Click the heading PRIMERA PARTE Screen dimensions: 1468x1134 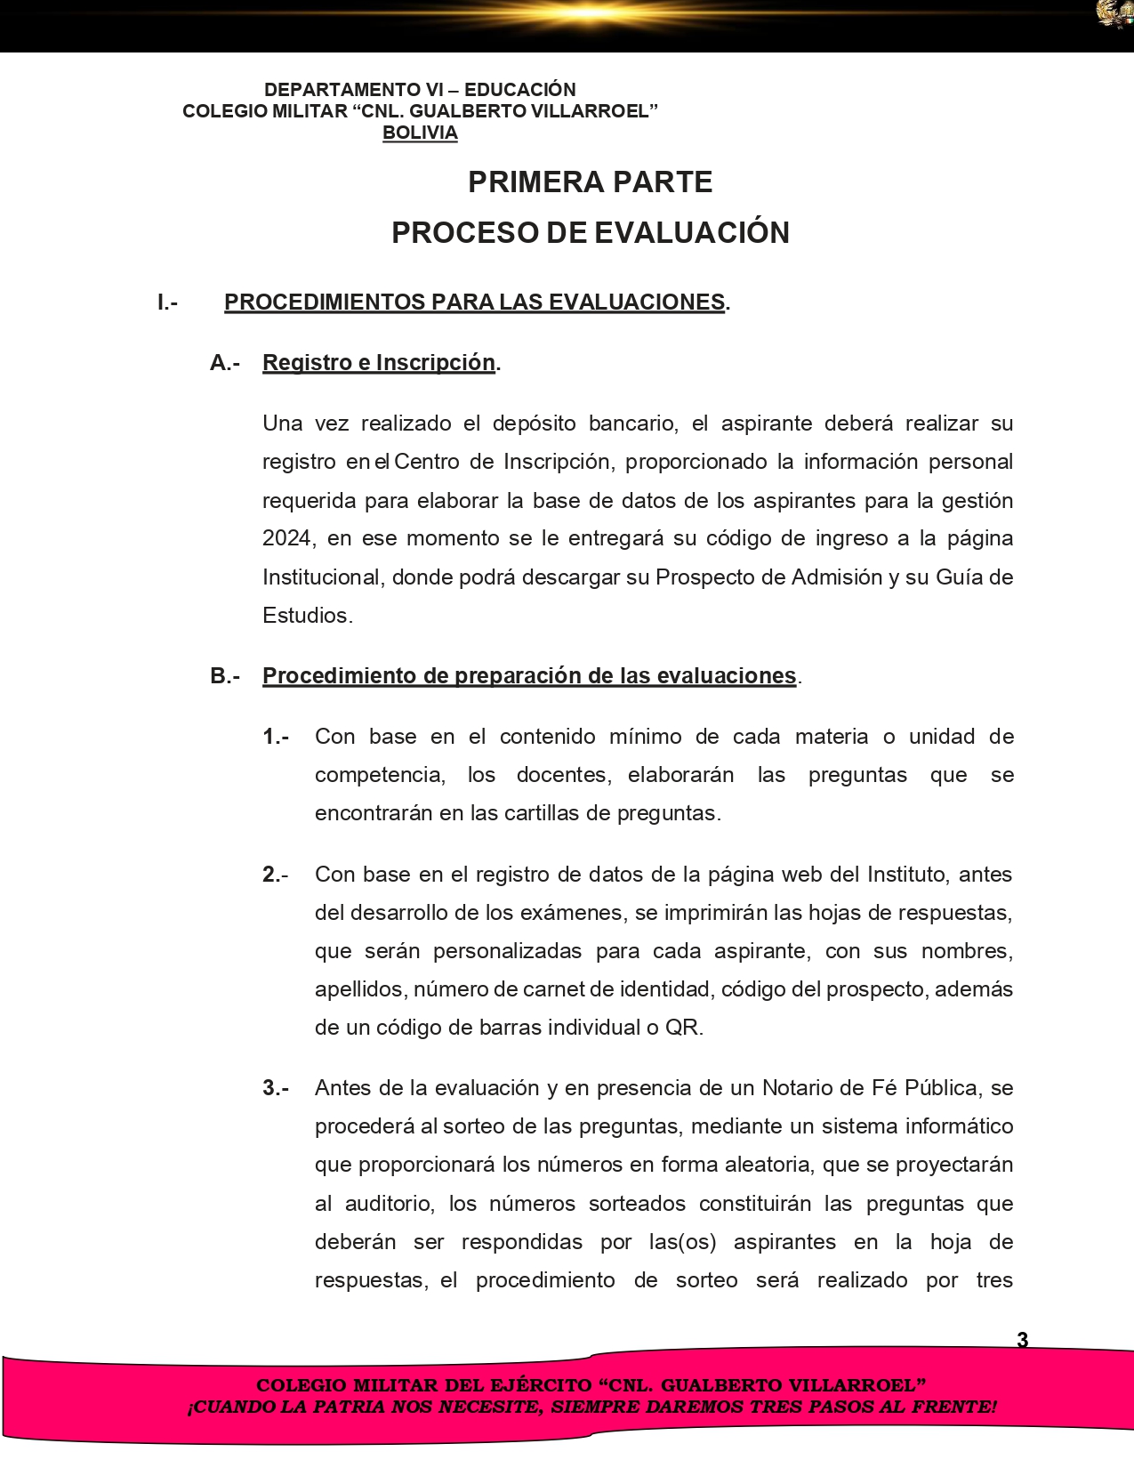point(590,182)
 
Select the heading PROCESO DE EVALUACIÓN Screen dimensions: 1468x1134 point(590,233)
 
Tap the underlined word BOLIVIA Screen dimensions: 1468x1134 point(420,133)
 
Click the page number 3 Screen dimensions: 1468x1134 point(1022,1340)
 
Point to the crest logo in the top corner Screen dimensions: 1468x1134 point(1114,15)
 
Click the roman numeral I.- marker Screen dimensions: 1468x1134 point(167,302)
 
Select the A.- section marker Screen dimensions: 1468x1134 point(225,363)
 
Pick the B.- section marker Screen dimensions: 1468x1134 point(225,676)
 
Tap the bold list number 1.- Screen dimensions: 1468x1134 point(276,737)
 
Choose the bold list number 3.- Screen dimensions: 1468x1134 point(276,1088)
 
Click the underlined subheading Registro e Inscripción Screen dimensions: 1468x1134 point(379,363)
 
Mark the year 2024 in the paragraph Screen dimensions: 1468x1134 point(286,539)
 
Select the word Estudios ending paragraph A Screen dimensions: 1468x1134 point(306,616)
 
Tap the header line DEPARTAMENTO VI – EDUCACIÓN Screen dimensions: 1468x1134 point(420,90)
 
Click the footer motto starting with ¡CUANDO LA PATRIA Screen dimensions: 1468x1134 point(591,1408)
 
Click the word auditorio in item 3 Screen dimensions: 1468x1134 point(389,1204)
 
